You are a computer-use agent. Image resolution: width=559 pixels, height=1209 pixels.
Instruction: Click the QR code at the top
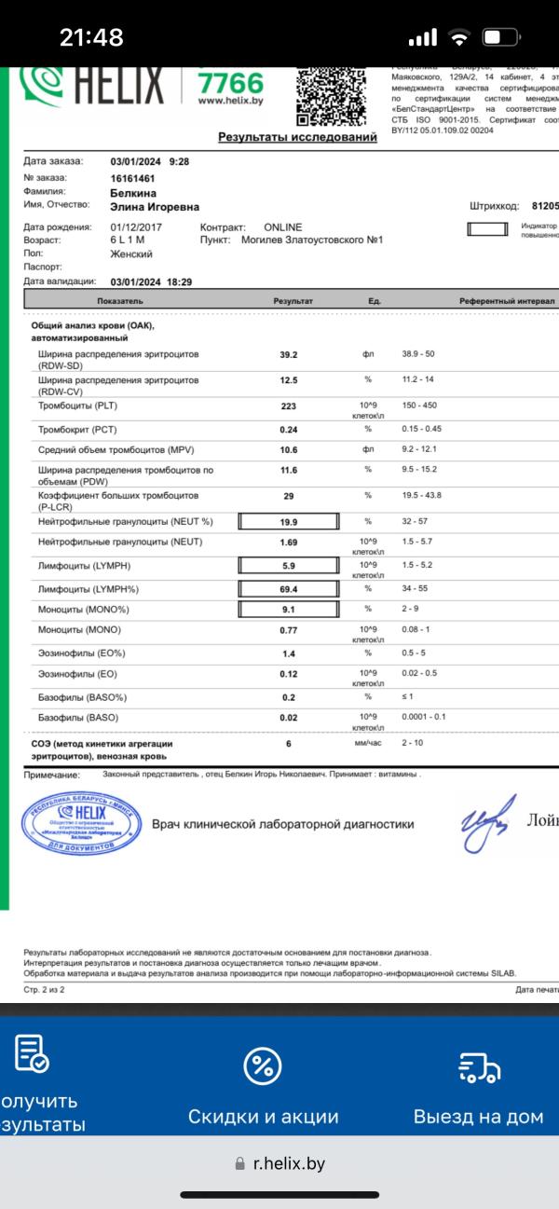(328, 95)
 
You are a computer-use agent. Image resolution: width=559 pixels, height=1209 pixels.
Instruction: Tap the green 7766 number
(231, 84)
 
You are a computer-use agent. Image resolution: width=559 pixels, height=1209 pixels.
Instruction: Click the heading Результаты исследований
(297, 137)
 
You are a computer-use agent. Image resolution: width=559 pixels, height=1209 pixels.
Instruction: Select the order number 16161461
(132, 177)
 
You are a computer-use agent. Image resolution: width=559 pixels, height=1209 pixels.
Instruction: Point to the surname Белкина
(131, 192)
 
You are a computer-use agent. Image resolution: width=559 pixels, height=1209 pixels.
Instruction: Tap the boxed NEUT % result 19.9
(289, 522)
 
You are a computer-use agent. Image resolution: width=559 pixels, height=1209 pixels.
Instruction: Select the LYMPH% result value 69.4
(289, 589)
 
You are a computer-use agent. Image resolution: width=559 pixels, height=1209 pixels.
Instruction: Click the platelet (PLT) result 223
(289, 406)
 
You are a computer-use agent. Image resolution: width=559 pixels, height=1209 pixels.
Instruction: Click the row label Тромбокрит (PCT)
(78, 429)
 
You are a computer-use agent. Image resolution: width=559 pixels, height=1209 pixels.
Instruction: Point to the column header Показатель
(119, 302)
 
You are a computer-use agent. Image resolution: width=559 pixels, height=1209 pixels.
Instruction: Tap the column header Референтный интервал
(507, 302)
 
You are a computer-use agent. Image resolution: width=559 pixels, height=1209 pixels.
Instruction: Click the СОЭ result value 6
(289, 744)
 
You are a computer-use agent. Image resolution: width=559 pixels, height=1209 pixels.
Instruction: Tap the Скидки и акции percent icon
(263, 1065)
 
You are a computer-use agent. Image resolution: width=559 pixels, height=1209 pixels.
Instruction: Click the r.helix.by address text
(290, 1163)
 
